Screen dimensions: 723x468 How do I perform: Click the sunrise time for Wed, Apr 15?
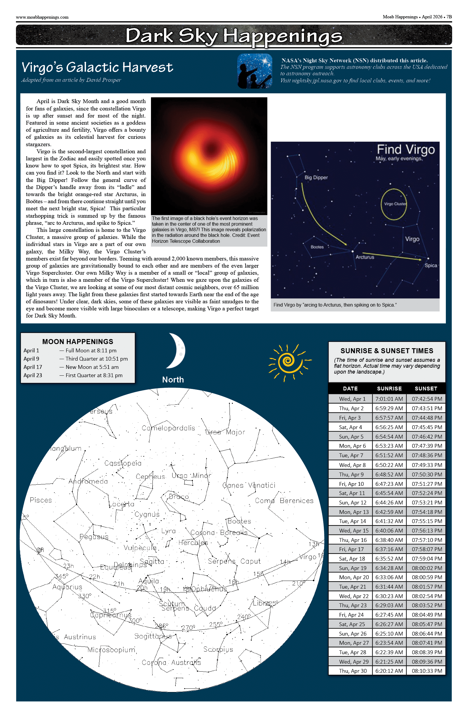(389, 530)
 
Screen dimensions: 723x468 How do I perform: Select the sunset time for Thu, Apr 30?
(427, 671)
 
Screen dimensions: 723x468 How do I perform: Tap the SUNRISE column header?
(389, 389)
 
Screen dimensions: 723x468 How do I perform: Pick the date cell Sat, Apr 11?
(352, 493)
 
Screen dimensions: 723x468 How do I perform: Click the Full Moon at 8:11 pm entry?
(91, 351)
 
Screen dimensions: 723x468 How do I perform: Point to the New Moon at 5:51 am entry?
(92, 367)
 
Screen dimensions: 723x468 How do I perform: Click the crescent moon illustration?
(177, 351)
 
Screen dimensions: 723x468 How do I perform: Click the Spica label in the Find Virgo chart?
(430, 265)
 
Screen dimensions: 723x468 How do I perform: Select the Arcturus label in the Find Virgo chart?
(365, 257)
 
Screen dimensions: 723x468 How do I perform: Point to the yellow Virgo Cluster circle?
(394, 204)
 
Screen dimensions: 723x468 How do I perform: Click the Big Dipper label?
(316, 178)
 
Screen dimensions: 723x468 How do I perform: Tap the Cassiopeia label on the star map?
(123, 463)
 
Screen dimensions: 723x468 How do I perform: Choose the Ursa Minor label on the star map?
(191, 476)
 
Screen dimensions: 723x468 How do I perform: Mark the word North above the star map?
(173, 380)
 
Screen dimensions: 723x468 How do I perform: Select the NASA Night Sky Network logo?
(255, 71)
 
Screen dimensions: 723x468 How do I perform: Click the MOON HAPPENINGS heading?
(77, 341)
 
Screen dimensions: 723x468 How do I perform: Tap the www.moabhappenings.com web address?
(42, 17)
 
